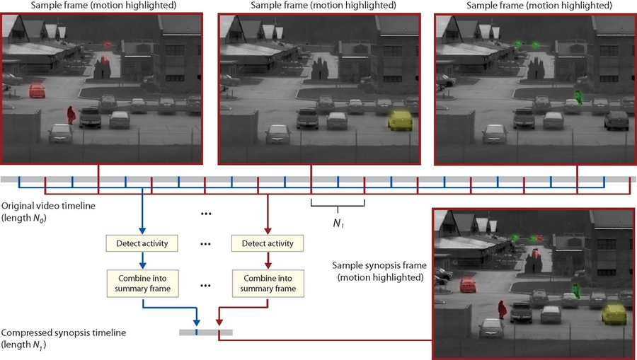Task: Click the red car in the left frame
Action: [37, 91]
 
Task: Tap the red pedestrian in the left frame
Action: [71, 114]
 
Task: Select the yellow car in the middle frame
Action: [400, 122]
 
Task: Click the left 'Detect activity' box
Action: [142, 244]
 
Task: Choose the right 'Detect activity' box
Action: [268, 244]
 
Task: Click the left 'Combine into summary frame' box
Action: [142, 283]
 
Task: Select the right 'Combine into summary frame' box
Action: [268, 283]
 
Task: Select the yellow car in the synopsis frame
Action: [613, 312]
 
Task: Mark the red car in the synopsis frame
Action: [468, 285]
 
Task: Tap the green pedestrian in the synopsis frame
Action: [577, 289]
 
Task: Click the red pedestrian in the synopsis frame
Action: [502, 309]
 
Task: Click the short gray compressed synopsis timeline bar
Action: [205, 332]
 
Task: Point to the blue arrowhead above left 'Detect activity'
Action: [142, 230]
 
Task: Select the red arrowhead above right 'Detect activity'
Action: [268, 230]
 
